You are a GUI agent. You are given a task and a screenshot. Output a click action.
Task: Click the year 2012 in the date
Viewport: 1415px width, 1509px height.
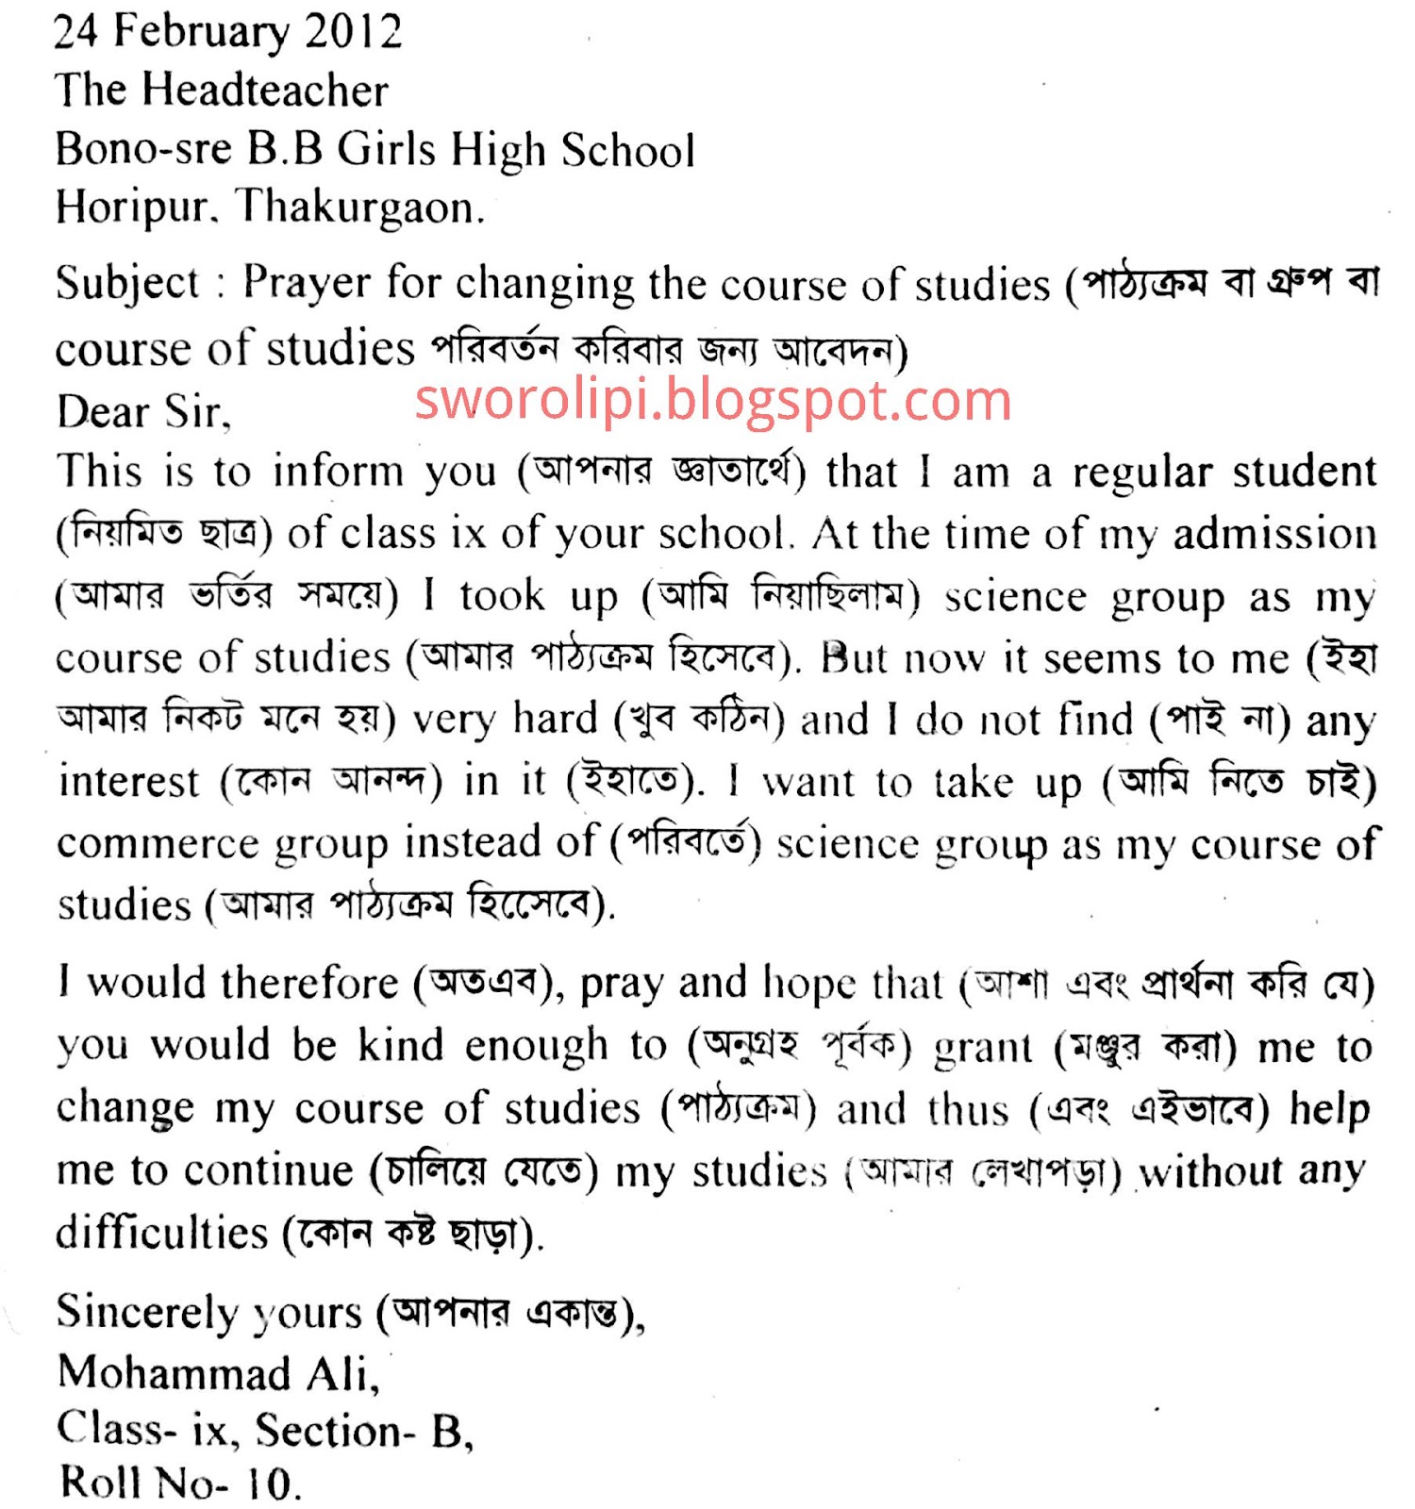353,31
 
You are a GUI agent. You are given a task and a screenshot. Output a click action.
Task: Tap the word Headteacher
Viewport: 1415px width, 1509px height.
265,91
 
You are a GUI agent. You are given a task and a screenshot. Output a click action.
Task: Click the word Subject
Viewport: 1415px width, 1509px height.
127,283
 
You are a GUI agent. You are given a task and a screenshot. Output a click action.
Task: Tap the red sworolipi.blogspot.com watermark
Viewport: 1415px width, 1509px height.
713,400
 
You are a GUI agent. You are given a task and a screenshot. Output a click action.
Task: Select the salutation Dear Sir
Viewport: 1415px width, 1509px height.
142,412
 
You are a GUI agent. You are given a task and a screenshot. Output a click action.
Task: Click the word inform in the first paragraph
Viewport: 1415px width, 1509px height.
338,471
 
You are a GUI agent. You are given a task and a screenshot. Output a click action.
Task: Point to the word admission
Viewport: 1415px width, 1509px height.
1273,534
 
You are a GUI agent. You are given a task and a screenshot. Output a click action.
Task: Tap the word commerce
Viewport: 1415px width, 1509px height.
157,843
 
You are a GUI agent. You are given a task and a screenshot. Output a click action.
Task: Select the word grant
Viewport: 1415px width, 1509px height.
983,1047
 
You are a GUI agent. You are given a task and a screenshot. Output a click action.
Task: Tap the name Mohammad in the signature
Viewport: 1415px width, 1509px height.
174,1373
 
